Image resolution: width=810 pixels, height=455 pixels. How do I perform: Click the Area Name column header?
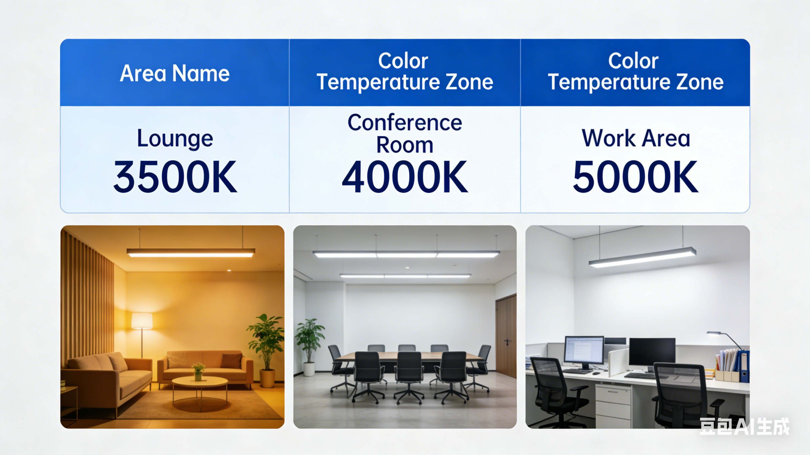[x=175, y=73]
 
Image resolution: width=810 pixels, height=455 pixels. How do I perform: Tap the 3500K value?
[x=175, y=177]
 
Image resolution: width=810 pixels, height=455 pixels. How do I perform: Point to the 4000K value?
[x=405, y=177]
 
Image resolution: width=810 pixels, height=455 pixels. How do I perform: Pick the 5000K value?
[x=636, y=177]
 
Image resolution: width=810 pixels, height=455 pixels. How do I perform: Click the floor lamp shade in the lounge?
[x=142, y=321]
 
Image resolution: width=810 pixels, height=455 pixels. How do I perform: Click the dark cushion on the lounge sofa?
[x=231, y=361]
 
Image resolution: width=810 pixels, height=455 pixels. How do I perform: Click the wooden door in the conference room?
[x=506, y=336]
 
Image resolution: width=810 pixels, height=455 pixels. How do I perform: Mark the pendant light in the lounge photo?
[x=191, y=253]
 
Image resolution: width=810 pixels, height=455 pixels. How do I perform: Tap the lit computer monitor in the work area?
[x=584, y=350]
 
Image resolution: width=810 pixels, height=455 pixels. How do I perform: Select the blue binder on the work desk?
[x=745, y=366]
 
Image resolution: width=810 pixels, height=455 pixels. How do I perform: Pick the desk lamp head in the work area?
[x=714, y=333]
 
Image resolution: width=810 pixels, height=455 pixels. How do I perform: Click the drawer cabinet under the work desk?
[x=613, y=405]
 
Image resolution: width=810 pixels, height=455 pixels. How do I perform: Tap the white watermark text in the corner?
[x=744, y=427]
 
